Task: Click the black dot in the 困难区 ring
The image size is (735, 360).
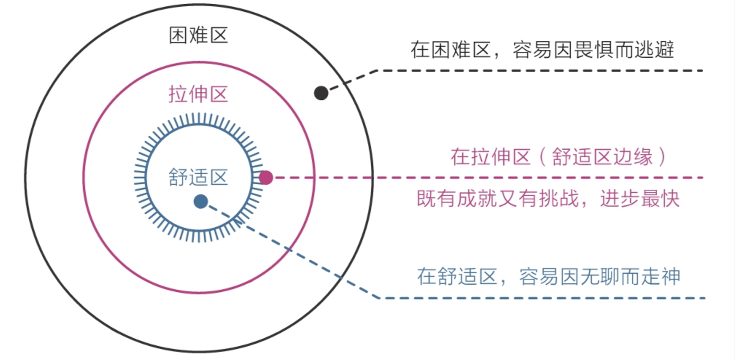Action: [x=321, y=93]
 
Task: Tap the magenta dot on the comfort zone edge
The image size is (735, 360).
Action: [x=266, y=178]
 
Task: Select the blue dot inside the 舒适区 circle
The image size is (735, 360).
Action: [x=201, y=202]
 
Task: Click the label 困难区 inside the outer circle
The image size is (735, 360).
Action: [x=198, y=36]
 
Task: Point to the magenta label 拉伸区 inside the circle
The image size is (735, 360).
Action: [x=198, y=94]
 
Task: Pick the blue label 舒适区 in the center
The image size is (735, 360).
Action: [x=198, y=178]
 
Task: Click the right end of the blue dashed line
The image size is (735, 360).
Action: [x=704, y=298]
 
